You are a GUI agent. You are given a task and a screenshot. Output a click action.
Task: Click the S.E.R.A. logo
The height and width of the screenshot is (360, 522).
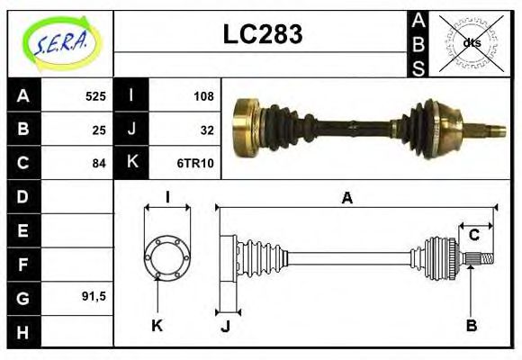(x=60, y=40)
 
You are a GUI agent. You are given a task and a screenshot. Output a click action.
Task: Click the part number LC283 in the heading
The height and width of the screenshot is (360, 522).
(x=262, y=34)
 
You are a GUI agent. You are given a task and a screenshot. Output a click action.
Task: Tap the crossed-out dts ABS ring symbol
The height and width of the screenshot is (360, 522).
(x=471, y=41)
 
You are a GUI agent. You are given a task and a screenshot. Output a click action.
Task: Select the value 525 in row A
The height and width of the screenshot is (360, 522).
(x=95, y=96)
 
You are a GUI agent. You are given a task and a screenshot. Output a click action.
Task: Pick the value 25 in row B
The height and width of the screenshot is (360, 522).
(x=99, y=130)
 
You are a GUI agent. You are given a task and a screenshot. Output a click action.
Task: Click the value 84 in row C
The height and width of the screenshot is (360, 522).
(x=99, y=164)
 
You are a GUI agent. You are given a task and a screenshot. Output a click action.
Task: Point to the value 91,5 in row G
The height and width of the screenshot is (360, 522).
(x=94, y=296)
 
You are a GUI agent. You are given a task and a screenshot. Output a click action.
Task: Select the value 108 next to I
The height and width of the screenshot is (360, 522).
(x=203, y=96)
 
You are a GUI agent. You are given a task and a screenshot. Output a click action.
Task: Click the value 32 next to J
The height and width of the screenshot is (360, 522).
(x=206, y=130)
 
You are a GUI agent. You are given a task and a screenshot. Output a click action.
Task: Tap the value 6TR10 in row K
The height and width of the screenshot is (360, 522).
(x=200, y=164)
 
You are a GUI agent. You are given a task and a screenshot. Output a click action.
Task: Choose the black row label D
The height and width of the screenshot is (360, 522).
(x=23, y=197)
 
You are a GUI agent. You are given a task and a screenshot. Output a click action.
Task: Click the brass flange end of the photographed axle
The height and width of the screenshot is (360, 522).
(x=244, y=129)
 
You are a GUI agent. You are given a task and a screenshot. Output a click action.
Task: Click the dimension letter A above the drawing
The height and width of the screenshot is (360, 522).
(x=346, y=199)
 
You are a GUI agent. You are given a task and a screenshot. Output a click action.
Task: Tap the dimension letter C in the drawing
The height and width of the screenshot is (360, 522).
(x=474, y=237)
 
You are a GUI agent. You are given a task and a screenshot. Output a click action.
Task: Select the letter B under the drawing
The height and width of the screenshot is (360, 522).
(x=471, y=325)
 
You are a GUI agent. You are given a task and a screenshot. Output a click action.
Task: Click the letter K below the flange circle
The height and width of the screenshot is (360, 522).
(x=157, y=325)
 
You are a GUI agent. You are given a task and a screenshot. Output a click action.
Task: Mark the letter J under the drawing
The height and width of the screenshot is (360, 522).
(x=225, y=326)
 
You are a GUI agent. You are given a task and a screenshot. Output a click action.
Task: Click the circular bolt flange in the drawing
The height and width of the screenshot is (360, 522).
(x=167, y=256)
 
